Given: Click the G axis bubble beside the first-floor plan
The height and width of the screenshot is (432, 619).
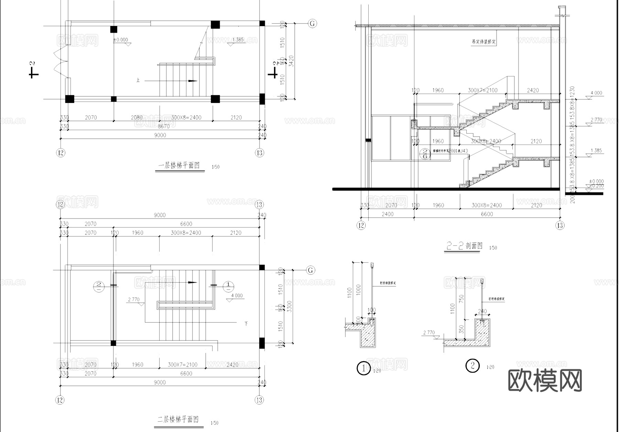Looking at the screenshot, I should [312, 23].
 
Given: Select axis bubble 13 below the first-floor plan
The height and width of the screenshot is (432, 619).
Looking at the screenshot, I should [260, 152].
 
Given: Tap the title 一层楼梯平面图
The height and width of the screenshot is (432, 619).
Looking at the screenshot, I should [179, 166].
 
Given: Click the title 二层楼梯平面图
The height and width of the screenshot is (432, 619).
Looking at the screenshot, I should [178, 419].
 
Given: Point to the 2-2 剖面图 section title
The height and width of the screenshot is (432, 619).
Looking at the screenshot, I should [464, 246].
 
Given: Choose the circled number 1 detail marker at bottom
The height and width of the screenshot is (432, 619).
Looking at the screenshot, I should [363, 368].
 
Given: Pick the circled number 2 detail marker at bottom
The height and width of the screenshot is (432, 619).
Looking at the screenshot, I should [472, 365].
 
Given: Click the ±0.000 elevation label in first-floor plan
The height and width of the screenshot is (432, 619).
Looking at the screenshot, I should [120, 40].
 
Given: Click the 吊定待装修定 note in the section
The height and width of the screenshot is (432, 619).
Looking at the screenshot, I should [484, 42].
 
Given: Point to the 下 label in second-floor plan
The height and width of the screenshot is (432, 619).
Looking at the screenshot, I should [246, 324].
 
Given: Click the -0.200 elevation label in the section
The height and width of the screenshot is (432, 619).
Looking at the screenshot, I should [596, 186].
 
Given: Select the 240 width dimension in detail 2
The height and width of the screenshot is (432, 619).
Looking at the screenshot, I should [482, 311].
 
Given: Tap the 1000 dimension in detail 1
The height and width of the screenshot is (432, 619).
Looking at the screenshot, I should [359, 289].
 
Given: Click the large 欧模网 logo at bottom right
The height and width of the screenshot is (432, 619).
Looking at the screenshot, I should [545, 380].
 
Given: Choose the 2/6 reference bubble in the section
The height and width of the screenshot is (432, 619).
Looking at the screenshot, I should [425, 154].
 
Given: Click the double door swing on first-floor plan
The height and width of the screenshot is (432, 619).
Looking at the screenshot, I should [60, 62].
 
